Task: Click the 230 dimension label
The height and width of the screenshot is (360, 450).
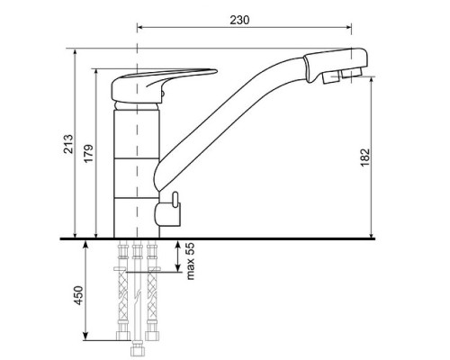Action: [239, 20]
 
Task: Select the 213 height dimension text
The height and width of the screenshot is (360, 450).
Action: [68, 144]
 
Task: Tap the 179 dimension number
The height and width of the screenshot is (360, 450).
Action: [88, 154]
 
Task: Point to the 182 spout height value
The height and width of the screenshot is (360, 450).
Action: [364, 157]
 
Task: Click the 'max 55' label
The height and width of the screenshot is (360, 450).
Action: [191, 261]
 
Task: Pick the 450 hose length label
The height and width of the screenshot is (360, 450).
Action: [78, 295]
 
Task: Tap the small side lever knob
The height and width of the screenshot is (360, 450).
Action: [175, 200]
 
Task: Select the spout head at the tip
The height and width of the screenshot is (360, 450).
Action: [336, 65]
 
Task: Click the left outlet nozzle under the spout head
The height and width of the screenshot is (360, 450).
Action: [331, 77]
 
